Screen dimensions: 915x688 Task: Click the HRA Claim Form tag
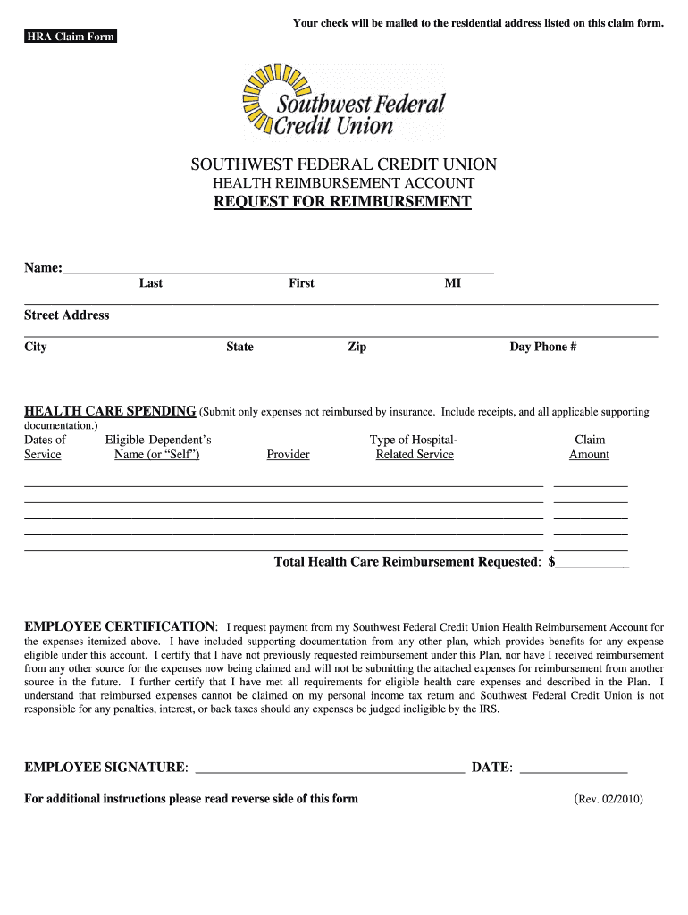click(x=70, y=37)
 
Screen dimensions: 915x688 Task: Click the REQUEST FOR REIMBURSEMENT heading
click(x=342, y=202)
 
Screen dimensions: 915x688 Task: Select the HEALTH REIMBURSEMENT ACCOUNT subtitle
click(x=343, y=183)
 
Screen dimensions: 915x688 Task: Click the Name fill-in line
click(x=278, y=268)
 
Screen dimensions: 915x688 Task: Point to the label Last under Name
click(x=151, y=283)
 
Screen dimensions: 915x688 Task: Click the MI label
click(x=453, y=283)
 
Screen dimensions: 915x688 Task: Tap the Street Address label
click(x=67, y=315)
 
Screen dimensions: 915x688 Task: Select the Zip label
click(x=357, y=348)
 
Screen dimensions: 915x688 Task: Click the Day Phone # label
click(x=543, y=348)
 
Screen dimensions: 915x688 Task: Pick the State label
click(x=239, y=348)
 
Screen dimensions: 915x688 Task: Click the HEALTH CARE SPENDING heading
click(x=110, y=412)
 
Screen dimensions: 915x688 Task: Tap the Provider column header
click(x=288, y=455)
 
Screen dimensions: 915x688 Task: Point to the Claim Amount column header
click(x=589, y=447)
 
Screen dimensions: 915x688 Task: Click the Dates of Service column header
click(x=44, y=447)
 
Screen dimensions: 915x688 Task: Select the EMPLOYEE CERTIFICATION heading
click(x=120, y=625)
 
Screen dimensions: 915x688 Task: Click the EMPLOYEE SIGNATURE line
click(x=329, y=768)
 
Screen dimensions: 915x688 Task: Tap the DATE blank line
click(x=573, y=768)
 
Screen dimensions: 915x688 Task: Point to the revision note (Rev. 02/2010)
click(x=608, y=799)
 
